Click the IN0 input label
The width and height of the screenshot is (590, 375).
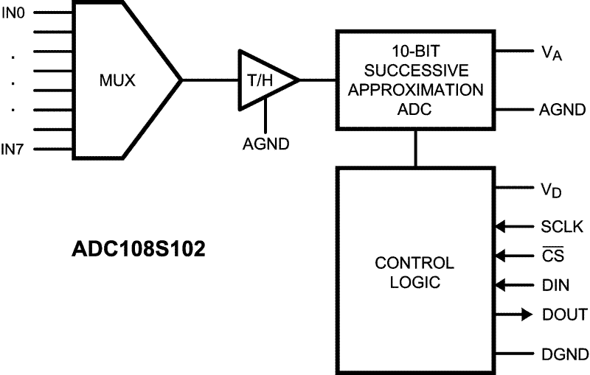[13, 13]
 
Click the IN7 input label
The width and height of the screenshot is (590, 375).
[13, 150]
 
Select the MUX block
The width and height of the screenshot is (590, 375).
[118, 80]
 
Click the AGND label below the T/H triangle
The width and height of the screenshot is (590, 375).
[266, 143]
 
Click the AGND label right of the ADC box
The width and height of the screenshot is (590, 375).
[561, 111]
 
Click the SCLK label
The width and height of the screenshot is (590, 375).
[562, 227]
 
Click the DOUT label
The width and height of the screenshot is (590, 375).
[564, 315]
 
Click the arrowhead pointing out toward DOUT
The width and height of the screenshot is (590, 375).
[526, 315]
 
